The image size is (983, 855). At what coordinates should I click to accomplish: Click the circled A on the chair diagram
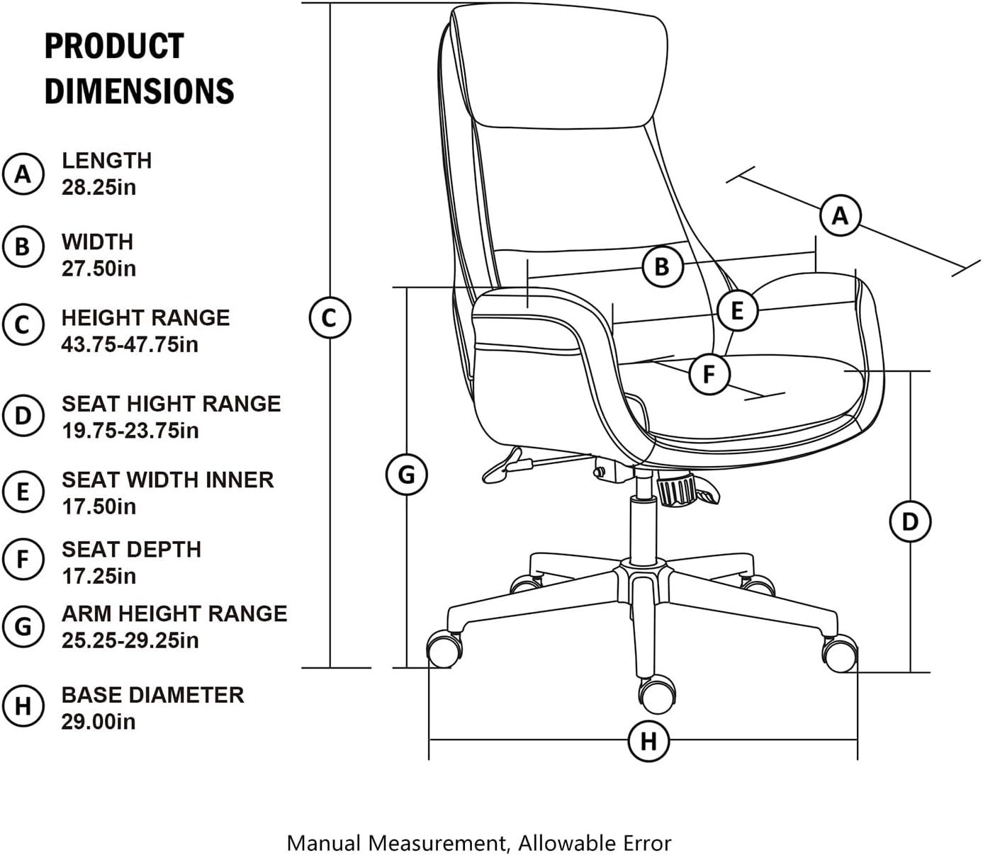(840, 215)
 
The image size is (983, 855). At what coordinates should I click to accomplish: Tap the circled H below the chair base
(648, 741)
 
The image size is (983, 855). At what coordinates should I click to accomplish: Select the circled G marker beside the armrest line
(407, 475)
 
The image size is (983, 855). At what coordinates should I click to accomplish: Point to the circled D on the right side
(910, 522)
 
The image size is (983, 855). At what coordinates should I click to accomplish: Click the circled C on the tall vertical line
(330, 318)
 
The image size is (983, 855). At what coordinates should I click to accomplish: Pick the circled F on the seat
(709, 374)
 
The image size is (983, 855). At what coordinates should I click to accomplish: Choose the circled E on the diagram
(738, 310)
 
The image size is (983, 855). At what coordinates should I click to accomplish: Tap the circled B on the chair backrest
(663, 266)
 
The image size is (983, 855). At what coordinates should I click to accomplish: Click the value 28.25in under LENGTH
(99, 187)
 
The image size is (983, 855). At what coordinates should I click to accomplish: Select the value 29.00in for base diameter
(99, 722)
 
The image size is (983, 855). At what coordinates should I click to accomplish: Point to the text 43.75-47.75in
(130, 345)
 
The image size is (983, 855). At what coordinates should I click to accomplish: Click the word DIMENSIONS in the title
(140, 91)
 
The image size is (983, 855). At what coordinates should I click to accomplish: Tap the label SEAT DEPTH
(131, 550)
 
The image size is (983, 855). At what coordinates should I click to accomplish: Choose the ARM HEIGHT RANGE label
(174, 614)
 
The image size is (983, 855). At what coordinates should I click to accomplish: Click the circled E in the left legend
(23, 492)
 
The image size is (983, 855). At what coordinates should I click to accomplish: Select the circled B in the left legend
(23, 247)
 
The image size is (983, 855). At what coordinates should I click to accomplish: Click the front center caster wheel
(656, 694)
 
